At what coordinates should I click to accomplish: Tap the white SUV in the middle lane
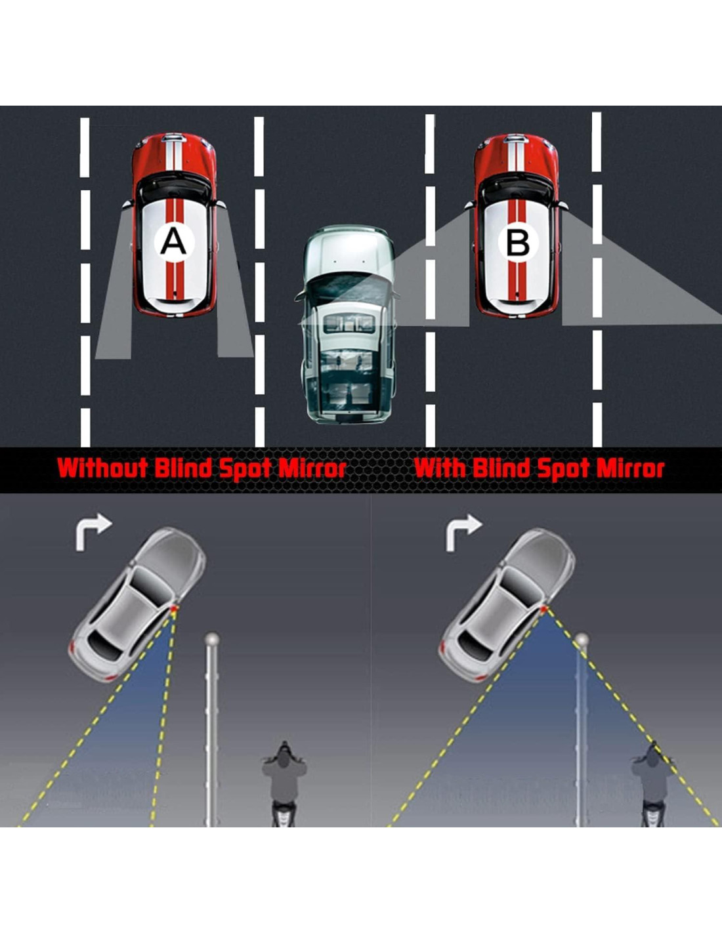(348, 325)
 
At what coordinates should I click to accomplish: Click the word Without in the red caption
(102, 468)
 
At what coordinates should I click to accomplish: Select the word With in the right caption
(440, 468)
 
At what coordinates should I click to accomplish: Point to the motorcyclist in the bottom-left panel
(284, 781)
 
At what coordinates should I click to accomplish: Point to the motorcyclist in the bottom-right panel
(653, 781)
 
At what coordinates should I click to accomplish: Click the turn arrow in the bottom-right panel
(463, 530)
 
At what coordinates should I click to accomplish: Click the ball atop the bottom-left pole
(211, 638)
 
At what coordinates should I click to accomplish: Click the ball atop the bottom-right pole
(582, 639)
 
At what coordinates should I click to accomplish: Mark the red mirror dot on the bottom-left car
(175, 611)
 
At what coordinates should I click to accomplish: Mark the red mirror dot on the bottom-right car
(545, 610)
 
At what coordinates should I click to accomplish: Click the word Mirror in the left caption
(312, 468)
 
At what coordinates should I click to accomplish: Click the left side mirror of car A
(127, 205)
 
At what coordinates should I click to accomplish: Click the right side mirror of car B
(563, 205)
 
